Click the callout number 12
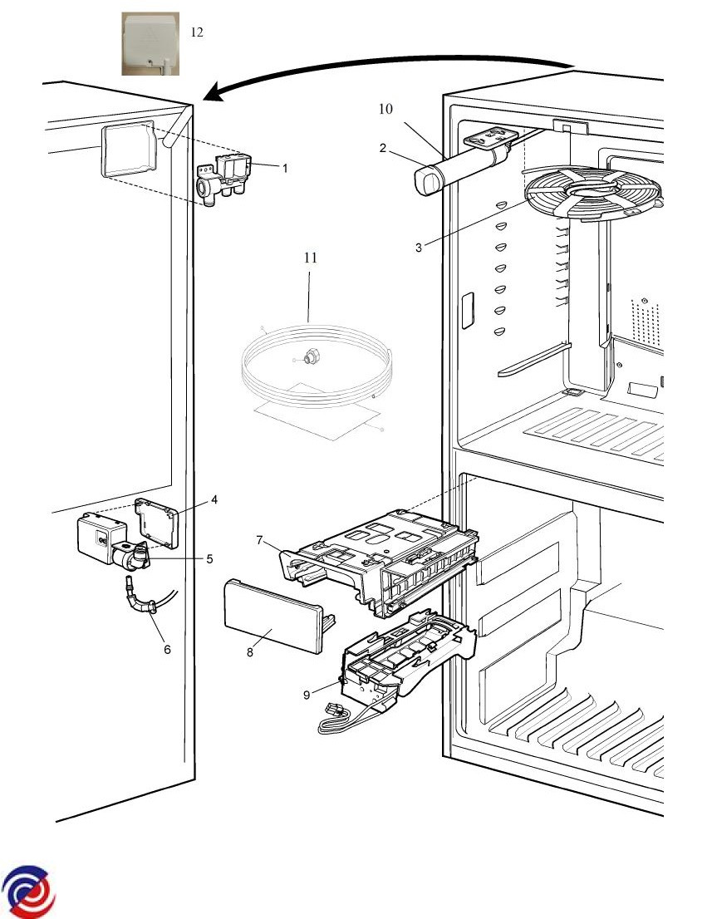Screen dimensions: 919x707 point(197,32)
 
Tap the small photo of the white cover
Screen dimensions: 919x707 point(151,44)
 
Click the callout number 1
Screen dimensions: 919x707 point(284,168)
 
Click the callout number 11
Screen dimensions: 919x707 point(310,258)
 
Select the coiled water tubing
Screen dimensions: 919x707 point(312,366)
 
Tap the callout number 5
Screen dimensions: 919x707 point(211,558)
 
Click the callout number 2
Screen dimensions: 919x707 point(382,149)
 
